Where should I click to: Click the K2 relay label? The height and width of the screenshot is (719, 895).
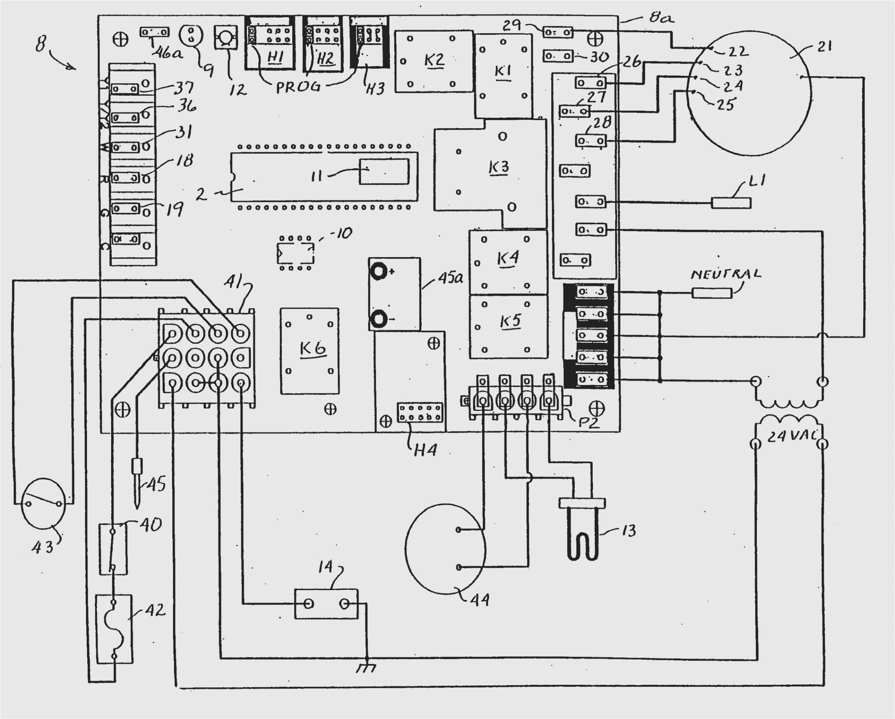point(434,60)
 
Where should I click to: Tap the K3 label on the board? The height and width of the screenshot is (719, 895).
point(499,167)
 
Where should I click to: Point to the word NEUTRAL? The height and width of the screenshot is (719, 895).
point(726,274)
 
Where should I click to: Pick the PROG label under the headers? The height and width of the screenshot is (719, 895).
point(299,87)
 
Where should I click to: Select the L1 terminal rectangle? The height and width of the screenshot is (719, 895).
point(731,203)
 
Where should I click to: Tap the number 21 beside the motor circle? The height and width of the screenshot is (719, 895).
point(824,46)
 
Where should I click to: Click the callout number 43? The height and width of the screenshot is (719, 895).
point(43,548)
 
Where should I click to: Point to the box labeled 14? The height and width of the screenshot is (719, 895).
point(326,604)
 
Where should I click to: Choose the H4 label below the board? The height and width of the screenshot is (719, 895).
point(425,450)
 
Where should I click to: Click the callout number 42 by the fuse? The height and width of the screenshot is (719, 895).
point(155,610)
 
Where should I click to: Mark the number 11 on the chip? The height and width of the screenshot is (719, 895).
point(317,176)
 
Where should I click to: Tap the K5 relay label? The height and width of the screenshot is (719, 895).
point(510,321)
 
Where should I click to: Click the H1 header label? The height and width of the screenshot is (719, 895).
point(274,58)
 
